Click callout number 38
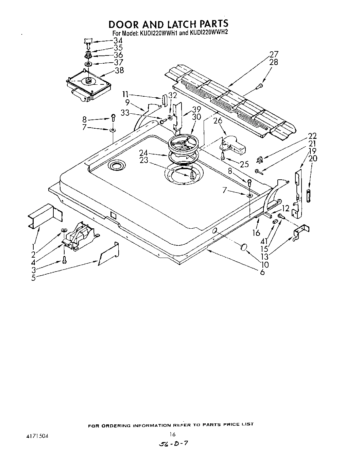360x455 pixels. [x=119, y=70]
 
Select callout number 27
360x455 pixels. [x=274, y=54]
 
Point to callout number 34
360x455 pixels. [x=118, y=40]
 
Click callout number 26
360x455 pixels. [x=218, y=120]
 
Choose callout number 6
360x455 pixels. [x=262, y=272]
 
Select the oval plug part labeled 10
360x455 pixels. [x=243, y=247]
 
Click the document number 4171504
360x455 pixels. [x=36, y=436]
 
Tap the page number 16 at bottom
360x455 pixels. [x=172, y=434]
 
